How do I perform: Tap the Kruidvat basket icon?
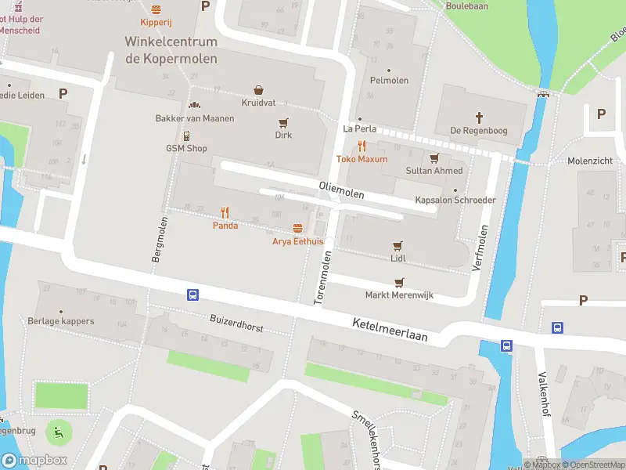pos(257,90)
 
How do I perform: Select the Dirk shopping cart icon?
pos(283,122)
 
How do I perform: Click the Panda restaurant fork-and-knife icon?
pos(225,212)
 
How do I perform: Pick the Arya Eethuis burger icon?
pos(297,228)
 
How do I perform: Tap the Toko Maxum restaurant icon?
pos(362,146)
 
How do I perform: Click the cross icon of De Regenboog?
pos(479,117)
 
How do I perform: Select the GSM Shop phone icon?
pos(186,136)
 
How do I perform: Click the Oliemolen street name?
pos(342,189)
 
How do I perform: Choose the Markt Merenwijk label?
pos(399,295)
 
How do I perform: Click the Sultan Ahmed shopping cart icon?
pos(434,157)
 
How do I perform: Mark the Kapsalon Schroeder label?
pos(455,200)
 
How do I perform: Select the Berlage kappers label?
pos(60,321)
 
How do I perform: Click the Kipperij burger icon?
pos(156,9)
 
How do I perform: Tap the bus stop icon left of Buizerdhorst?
pos(192,295)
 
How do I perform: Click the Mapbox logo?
pos(34,461)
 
